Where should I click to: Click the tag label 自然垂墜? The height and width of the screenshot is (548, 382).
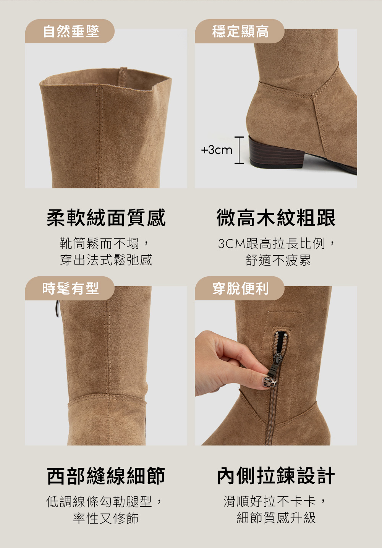(71, 31)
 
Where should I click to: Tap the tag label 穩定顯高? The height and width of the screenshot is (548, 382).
(240, 31)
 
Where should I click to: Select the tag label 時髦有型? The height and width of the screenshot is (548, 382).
(71, 289)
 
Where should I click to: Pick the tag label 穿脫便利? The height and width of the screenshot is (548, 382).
(240, 289)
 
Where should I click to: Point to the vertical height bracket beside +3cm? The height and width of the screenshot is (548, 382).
(239, 150)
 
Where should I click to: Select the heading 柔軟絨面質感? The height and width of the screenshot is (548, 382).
(106, 218)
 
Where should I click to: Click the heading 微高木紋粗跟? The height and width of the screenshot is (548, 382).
(276, 218)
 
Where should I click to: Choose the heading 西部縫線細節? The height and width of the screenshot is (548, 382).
(106, 476)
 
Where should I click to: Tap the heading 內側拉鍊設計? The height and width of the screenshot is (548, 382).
(276, 476)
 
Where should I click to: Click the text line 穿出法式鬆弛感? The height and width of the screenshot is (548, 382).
(106, 260)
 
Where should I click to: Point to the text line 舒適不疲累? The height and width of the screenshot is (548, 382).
(278, 260)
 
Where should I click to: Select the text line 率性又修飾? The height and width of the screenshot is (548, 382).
(106, 518)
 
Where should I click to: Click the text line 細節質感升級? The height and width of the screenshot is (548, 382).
(276, 518)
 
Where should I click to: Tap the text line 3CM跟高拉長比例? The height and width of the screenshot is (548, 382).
(276, 243)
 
